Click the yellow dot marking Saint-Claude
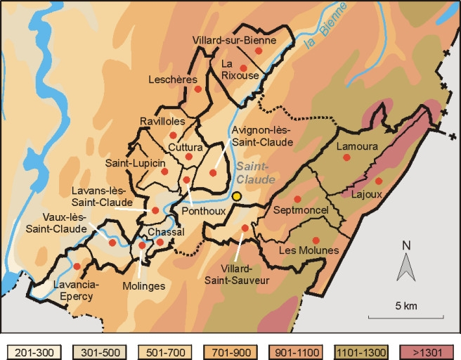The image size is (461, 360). tap(238, 197)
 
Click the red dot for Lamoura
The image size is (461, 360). tap(346, 158)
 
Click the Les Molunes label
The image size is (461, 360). tap(309, 251)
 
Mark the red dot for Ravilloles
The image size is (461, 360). tap(173, 135)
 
